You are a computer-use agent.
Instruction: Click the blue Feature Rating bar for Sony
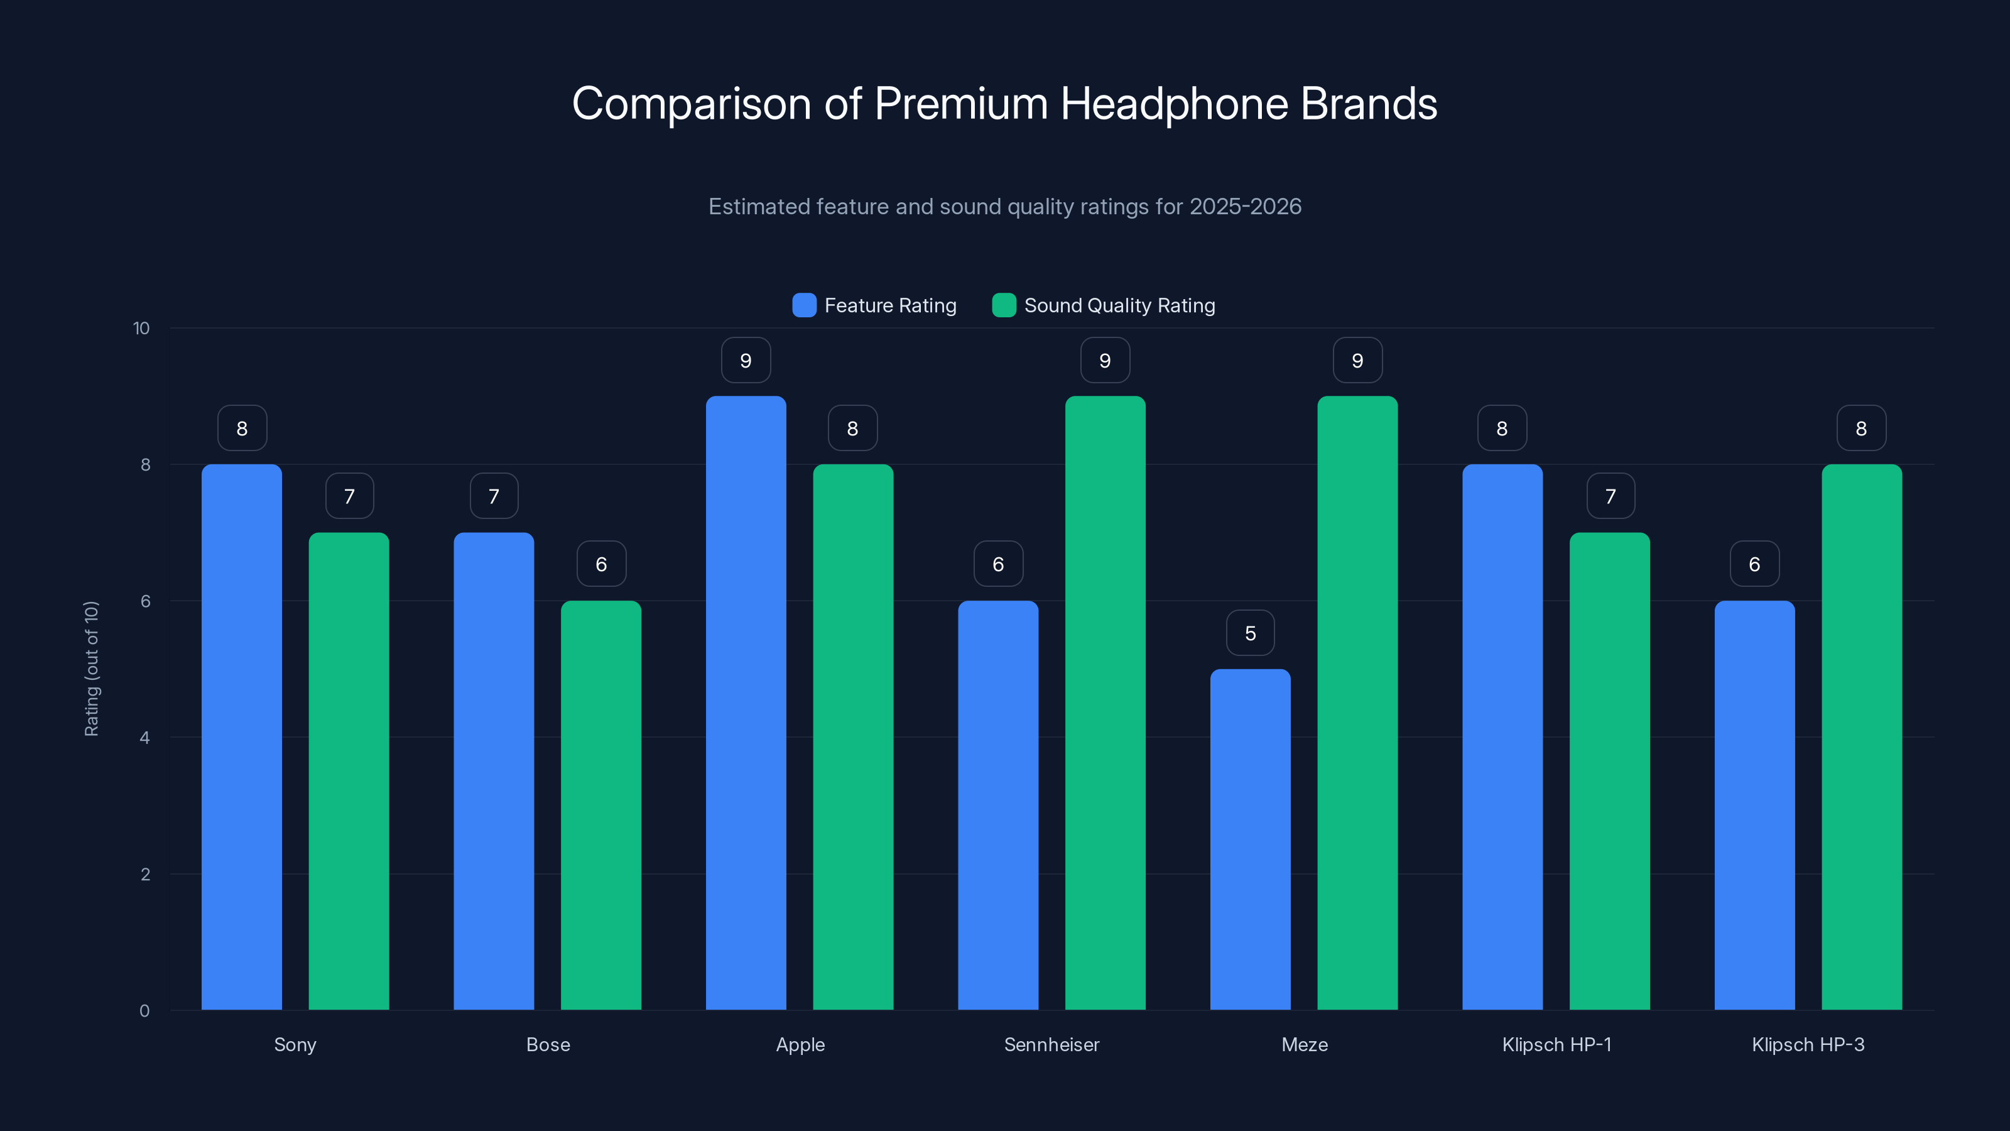click(241, 737)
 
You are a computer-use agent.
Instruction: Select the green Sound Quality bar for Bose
click(601, 805)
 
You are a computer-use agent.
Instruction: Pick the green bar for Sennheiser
click(1105, 702)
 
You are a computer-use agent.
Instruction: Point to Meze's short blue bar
click(1250, 839)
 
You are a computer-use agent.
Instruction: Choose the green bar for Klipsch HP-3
click(1861, 737)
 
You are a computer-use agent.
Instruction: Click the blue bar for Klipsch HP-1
click(1502, 737)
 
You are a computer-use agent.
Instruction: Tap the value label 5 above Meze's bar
click(1250, 633)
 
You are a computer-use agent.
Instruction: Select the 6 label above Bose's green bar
click(601, 564)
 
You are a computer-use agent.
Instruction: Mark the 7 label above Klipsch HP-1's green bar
click(1610, 496)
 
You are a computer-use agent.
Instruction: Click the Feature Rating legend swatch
click(804, 305)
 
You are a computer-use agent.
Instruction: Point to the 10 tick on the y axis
click(141, 328)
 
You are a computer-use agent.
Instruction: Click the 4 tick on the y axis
click(144, 738)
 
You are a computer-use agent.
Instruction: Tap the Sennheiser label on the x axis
click(1051, 1044)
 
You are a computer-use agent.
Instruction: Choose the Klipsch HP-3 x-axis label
click(1807, 1044)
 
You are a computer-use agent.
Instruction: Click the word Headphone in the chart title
click(1173, 104)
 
